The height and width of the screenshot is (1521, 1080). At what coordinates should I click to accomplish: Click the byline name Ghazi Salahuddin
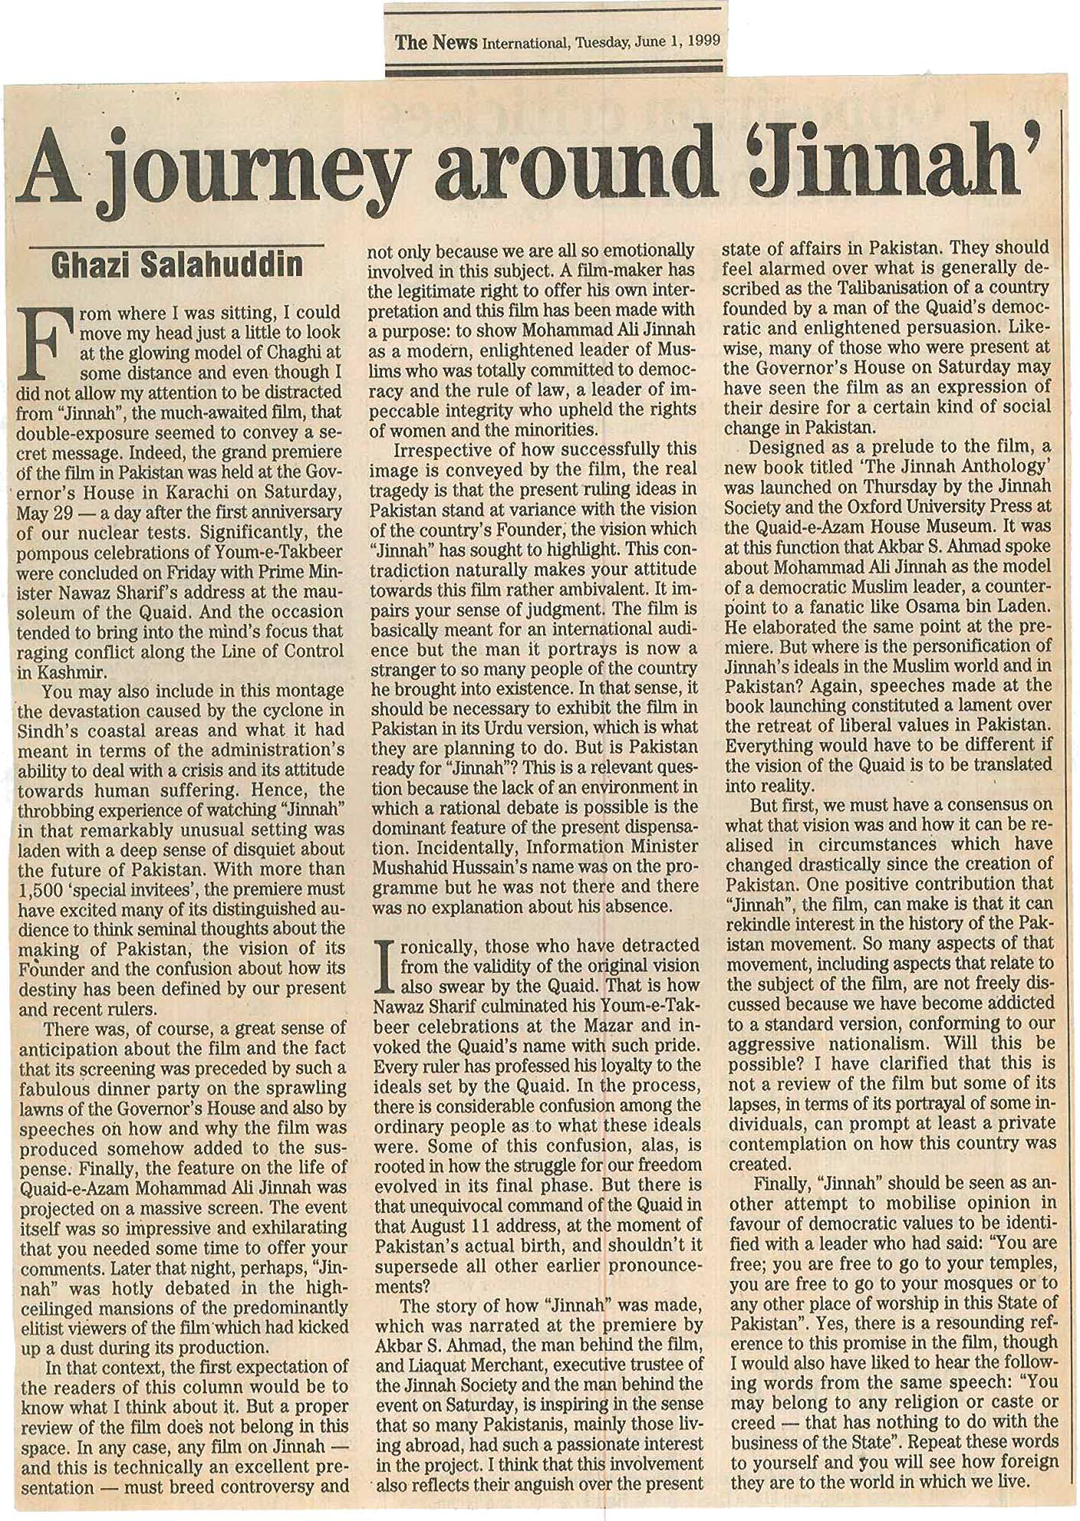[176, 265]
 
